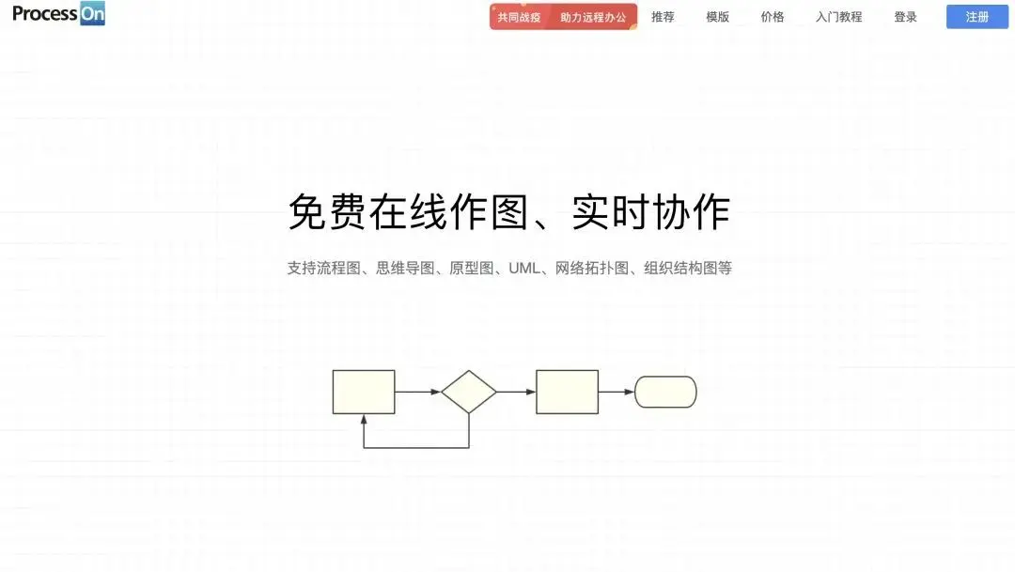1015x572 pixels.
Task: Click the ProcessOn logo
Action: point(58,14)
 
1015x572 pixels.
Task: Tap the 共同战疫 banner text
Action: point(519,17)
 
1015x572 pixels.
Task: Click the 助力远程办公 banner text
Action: point(592,17)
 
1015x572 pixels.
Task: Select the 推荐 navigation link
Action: point(663,17)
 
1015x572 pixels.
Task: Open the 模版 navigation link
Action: point(718,17)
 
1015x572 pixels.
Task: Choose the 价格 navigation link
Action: point(773,17)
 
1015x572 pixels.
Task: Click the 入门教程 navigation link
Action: point(838,17)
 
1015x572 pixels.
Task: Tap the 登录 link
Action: point(905,17)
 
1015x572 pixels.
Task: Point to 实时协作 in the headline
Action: point(650,212)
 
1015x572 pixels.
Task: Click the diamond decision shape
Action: point(469,392)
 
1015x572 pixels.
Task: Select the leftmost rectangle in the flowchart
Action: point(364,392)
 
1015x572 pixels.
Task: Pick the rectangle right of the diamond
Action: point(567,392)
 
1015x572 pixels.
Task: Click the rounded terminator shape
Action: point(665,392)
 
